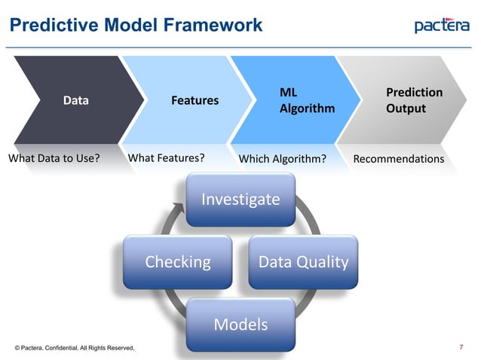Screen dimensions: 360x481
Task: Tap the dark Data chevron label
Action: coord(75,99)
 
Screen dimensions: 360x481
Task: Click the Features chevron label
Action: coord(195,99)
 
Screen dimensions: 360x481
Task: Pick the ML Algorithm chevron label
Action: coord(306,100)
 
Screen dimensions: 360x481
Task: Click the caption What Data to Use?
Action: coord(54,158)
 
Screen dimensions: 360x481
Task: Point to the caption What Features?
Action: coord(167,158)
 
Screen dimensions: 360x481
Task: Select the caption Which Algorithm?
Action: coord(282,159)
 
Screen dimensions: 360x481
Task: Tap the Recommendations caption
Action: coord(399,159)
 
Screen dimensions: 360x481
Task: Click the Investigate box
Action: coord(240,200)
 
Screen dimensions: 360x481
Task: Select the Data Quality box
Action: coord(303,262)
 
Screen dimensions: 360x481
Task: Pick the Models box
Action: coord(240,325)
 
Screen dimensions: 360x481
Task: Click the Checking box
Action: coord(178,262)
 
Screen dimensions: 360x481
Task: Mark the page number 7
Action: coord(461,348)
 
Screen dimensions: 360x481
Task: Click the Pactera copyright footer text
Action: coord(75,348)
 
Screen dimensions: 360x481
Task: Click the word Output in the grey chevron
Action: coord(406,108)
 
